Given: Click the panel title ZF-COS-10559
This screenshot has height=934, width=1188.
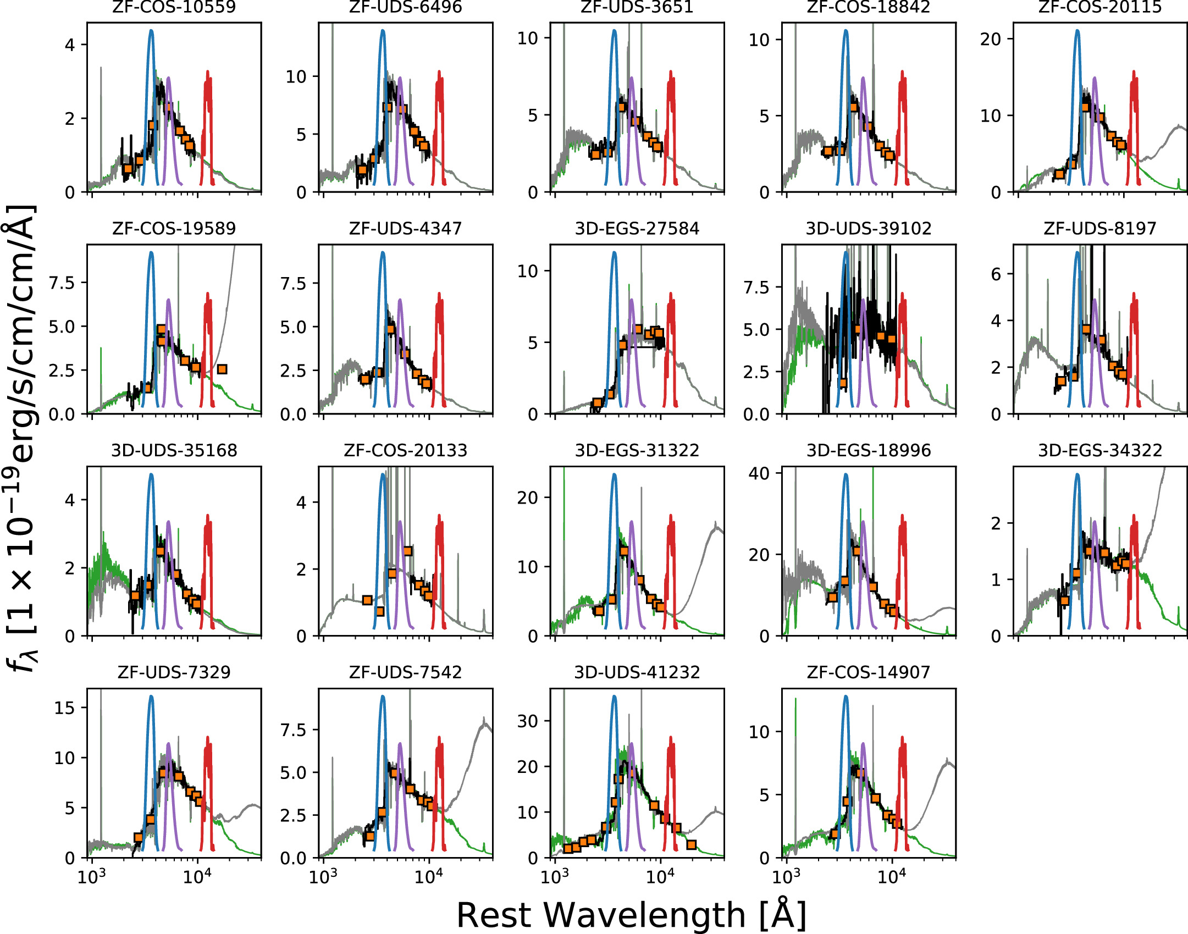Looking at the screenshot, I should point(174,7).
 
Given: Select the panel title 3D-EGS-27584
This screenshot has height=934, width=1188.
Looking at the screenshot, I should point(637,229).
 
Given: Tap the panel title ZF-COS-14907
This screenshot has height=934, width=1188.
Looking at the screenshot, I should point(869,672).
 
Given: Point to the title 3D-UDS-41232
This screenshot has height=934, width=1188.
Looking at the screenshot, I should point(637,672).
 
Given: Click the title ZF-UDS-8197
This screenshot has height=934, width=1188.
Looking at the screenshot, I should point(1100,229).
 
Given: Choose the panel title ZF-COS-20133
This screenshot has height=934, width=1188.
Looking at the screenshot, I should point(405,451).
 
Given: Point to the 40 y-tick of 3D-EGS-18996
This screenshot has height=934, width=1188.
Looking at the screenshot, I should point(759,473).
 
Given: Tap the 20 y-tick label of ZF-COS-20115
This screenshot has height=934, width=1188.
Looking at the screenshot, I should point(990,39).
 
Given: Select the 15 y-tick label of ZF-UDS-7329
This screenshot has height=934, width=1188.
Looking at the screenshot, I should point(64,708).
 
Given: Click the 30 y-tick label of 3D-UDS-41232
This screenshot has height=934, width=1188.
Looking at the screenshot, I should point(527,721).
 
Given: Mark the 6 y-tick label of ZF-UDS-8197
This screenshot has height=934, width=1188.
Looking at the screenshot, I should point(996,274).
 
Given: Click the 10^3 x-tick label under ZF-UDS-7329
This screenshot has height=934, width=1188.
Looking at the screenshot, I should point(91,877).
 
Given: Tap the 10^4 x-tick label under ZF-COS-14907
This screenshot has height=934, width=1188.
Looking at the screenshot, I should point(891,877).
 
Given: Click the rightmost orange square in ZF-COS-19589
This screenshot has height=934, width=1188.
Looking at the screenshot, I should point(222,369).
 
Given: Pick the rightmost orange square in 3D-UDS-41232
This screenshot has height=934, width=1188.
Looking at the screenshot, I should point(692,844).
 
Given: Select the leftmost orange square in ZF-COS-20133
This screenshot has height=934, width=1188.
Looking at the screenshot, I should point(367,600).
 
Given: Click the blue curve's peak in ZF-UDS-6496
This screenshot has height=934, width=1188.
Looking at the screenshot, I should point(383,31).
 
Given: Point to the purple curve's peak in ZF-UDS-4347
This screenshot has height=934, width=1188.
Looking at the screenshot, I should point(400,300).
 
